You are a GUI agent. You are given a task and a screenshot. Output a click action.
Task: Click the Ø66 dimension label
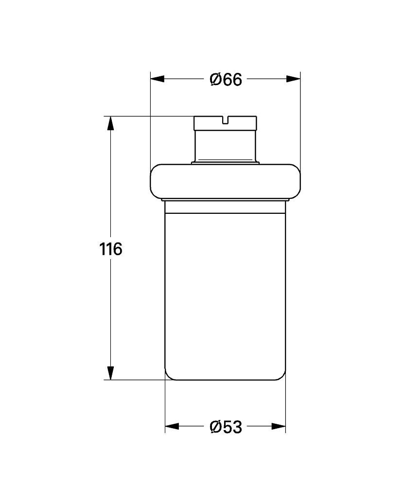(226, 80)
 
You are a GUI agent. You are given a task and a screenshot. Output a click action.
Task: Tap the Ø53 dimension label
(226, 427)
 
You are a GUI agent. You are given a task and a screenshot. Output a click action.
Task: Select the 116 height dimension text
(111, 249)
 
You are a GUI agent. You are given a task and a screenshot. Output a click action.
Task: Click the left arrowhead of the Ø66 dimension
(157, 79)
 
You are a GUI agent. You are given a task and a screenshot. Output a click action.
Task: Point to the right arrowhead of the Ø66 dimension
(293, 79)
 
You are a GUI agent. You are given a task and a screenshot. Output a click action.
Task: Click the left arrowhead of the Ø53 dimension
(172, 427)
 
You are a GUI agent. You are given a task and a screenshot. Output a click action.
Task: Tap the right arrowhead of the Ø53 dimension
(279, 427)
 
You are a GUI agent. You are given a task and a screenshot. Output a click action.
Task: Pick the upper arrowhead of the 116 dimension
(110, 123)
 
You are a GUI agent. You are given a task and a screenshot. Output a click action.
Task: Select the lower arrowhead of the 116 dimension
(110, 373)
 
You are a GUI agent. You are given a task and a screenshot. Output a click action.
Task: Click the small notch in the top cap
(226, 120)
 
